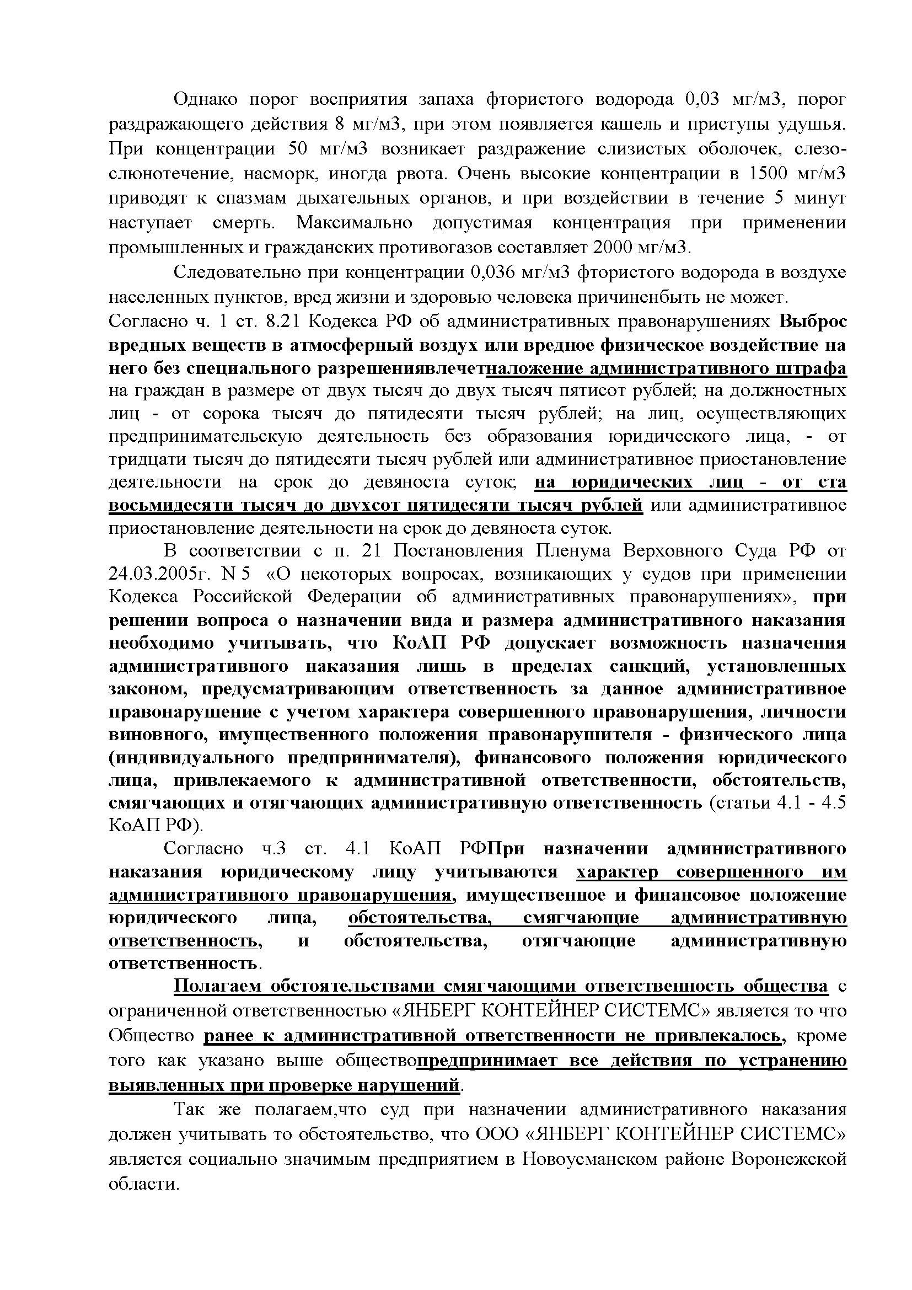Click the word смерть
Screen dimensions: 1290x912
(x=244, y=223)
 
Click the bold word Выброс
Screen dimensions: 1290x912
(x=813, y=322)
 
